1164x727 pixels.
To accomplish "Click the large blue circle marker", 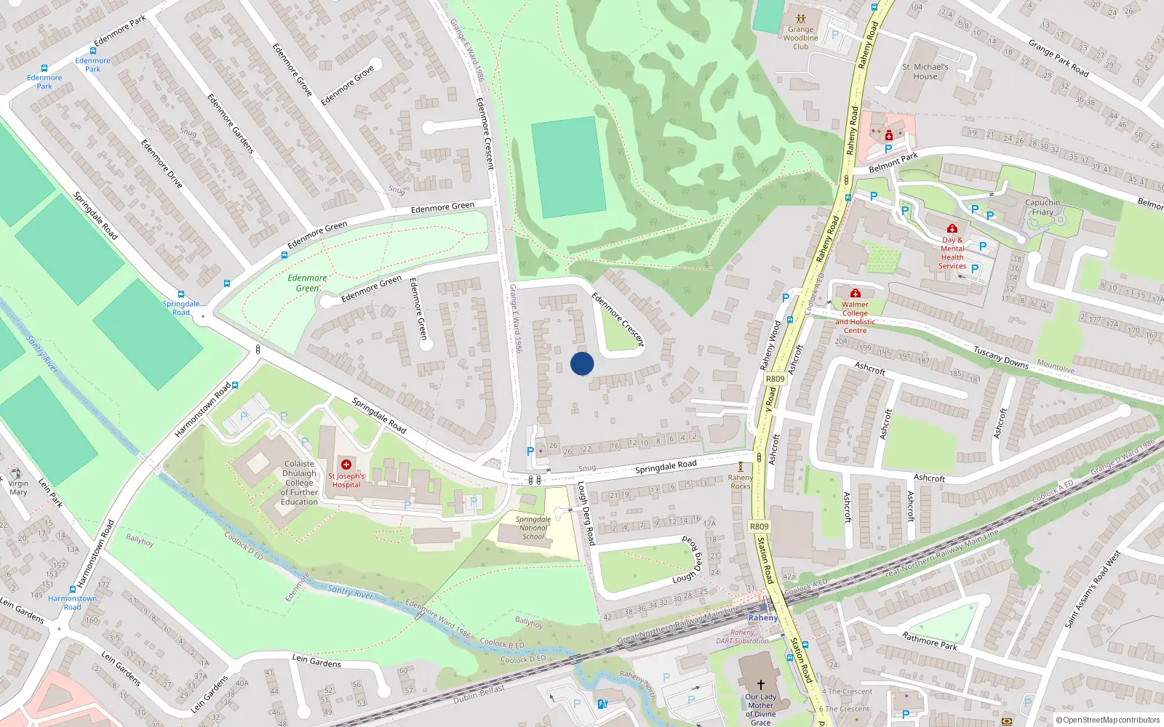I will click(582, 363).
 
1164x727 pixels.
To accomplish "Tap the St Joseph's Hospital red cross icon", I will click(346, 464).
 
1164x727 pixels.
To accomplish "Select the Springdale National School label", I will click(533, 529).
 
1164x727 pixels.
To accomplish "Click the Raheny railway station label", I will click(763, 618).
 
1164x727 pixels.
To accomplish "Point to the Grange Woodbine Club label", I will click(800, 38).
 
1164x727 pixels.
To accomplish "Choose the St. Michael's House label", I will click(925, 71).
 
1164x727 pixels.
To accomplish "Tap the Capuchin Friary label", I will click(1043, 207).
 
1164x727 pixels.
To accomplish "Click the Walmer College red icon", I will click(856, 293).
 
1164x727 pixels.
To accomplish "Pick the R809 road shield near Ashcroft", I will click(776, 379).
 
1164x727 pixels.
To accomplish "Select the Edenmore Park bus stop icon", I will click(44, 68).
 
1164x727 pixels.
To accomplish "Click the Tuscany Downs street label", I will click(1001, 357).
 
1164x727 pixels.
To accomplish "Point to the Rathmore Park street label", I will click(930, 640).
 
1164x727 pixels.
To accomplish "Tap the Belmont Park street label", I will click(893, 162).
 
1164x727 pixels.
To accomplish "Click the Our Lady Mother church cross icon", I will click(761, 685).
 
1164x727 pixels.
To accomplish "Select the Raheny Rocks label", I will click(741, 481).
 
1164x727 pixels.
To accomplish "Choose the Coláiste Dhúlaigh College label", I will click(300, 483).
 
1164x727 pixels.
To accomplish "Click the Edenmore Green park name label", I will click(307, 283).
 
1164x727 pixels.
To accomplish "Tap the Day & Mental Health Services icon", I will click(952, 228).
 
